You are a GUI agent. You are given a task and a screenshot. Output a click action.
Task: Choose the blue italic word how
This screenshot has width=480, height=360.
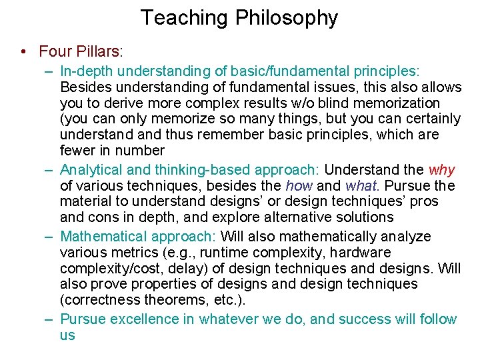click(x=300, y=186)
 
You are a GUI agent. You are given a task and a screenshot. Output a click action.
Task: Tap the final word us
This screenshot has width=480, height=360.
click(x=68, y=335)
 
